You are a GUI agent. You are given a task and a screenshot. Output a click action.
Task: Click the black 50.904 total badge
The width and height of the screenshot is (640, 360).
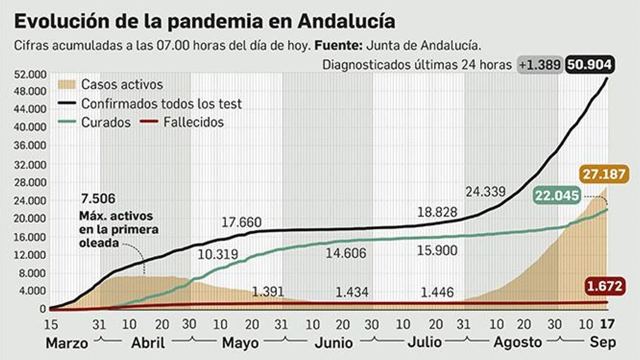[x=590, y=64]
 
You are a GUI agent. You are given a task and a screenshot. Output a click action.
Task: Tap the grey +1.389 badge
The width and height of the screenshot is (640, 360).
[x=540, y=64]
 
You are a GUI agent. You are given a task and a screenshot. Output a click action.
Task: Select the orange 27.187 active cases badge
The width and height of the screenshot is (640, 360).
[x=604, y=174]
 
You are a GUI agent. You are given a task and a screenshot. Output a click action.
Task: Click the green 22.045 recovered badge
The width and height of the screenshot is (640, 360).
[x=557, y=196]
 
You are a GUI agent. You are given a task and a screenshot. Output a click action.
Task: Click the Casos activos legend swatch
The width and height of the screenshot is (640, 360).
[x=66, y=84]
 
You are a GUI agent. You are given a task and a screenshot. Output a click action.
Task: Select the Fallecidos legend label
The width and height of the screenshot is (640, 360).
[x=193, y=122]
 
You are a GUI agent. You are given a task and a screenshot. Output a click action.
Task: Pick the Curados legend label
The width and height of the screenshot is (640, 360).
[x=106, y=122]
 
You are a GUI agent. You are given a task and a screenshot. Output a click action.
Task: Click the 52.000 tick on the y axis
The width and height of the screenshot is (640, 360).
[x=30, y=75]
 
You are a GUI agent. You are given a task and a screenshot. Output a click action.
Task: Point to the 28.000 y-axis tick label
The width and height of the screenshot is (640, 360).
[x=30, y=182]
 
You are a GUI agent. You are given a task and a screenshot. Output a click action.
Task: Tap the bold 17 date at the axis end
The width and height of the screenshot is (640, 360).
[x=607, y=324]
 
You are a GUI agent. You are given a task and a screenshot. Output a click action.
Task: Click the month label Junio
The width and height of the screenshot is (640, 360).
[x=334, y=343]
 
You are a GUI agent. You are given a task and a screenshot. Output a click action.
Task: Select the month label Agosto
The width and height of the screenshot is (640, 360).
[x=518, y=342]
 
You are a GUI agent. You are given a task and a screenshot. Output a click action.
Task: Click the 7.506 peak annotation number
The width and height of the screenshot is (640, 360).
[x=98, y=198]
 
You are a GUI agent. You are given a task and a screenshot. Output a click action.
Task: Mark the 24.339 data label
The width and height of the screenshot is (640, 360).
[x=485, y=192]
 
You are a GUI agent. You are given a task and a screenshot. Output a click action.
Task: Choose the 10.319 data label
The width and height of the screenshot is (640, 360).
[x=218, y=254]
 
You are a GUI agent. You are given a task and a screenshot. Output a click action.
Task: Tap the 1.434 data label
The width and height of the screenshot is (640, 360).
[x=352, y=292]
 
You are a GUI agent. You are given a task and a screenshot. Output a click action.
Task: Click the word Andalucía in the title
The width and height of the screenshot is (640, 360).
[x=346, y=21]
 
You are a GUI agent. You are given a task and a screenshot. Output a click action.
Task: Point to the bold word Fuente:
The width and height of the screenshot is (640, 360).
[x=338, y=45]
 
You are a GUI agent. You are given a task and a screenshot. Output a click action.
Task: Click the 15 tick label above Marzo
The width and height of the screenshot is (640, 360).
[x=51, y=324]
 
